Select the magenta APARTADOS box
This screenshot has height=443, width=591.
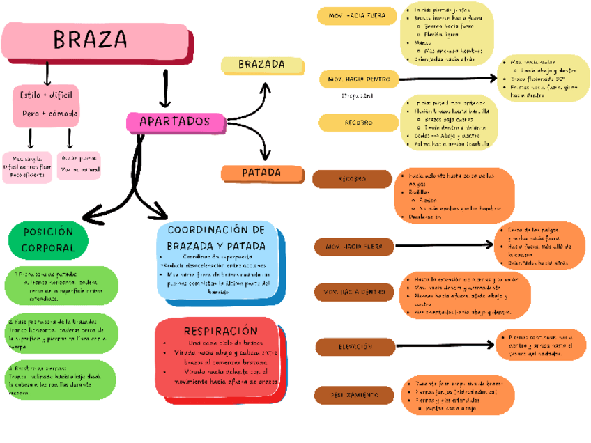coord(176,123)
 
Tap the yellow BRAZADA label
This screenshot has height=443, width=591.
coord(262,65)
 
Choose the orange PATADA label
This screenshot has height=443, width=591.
coord(262,172)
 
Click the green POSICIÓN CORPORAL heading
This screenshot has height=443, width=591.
coord(49,240)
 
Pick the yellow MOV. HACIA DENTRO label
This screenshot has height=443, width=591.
coord(358,79)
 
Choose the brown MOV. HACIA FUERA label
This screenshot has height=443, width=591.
coord(353,246)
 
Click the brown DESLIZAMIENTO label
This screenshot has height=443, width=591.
coord(353,395)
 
